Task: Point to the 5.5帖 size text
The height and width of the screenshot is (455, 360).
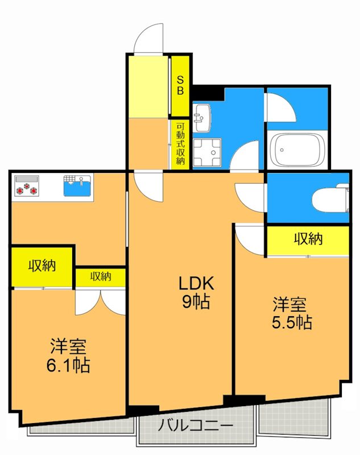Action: (x=291, y=322)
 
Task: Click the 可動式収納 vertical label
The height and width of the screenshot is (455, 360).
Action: (x=180, y=144)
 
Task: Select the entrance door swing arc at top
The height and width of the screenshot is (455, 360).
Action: (x=149, y=38)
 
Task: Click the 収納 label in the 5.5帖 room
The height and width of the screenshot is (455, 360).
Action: (x=308, y=239)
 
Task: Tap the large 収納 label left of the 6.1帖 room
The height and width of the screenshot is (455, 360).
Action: (x=42, y=265)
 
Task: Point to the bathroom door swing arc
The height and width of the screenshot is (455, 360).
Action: (x=280, y=106)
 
